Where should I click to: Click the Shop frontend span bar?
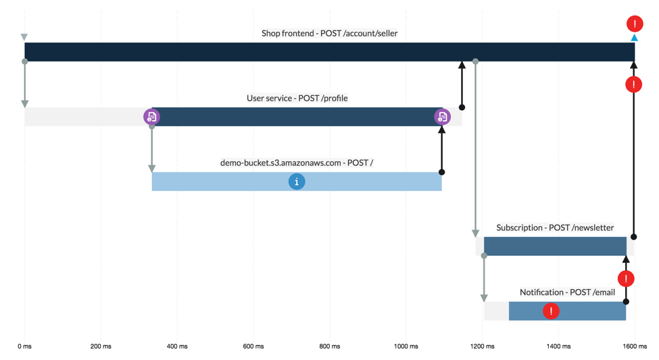(329, 52)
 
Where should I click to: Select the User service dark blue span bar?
(297, 117)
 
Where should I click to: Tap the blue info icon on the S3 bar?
(296, 182)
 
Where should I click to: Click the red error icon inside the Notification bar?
(551, 311)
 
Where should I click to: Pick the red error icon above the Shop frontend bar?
(635, 24)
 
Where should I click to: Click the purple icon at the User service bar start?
(151, 117)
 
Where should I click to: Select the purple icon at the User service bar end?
(442, 117)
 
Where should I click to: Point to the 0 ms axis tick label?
(24, 346)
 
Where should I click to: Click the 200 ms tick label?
(101, 346)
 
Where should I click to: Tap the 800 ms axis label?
(330, 346)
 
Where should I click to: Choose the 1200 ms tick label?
(482, 346)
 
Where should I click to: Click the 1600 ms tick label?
(635, 346)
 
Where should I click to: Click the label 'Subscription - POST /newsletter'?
(555, 228)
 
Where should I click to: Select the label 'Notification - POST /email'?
(567, 292)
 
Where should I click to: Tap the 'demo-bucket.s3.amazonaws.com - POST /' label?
(297, 163)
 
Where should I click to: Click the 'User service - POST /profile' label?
(297, 98)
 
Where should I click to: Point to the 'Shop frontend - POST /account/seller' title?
(329, 33)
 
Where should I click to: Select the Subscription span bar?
(555, 247)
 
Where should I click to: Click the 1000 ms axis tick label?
(406, 346)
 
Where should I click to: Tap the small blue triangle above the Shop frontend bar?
(634, 38)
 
